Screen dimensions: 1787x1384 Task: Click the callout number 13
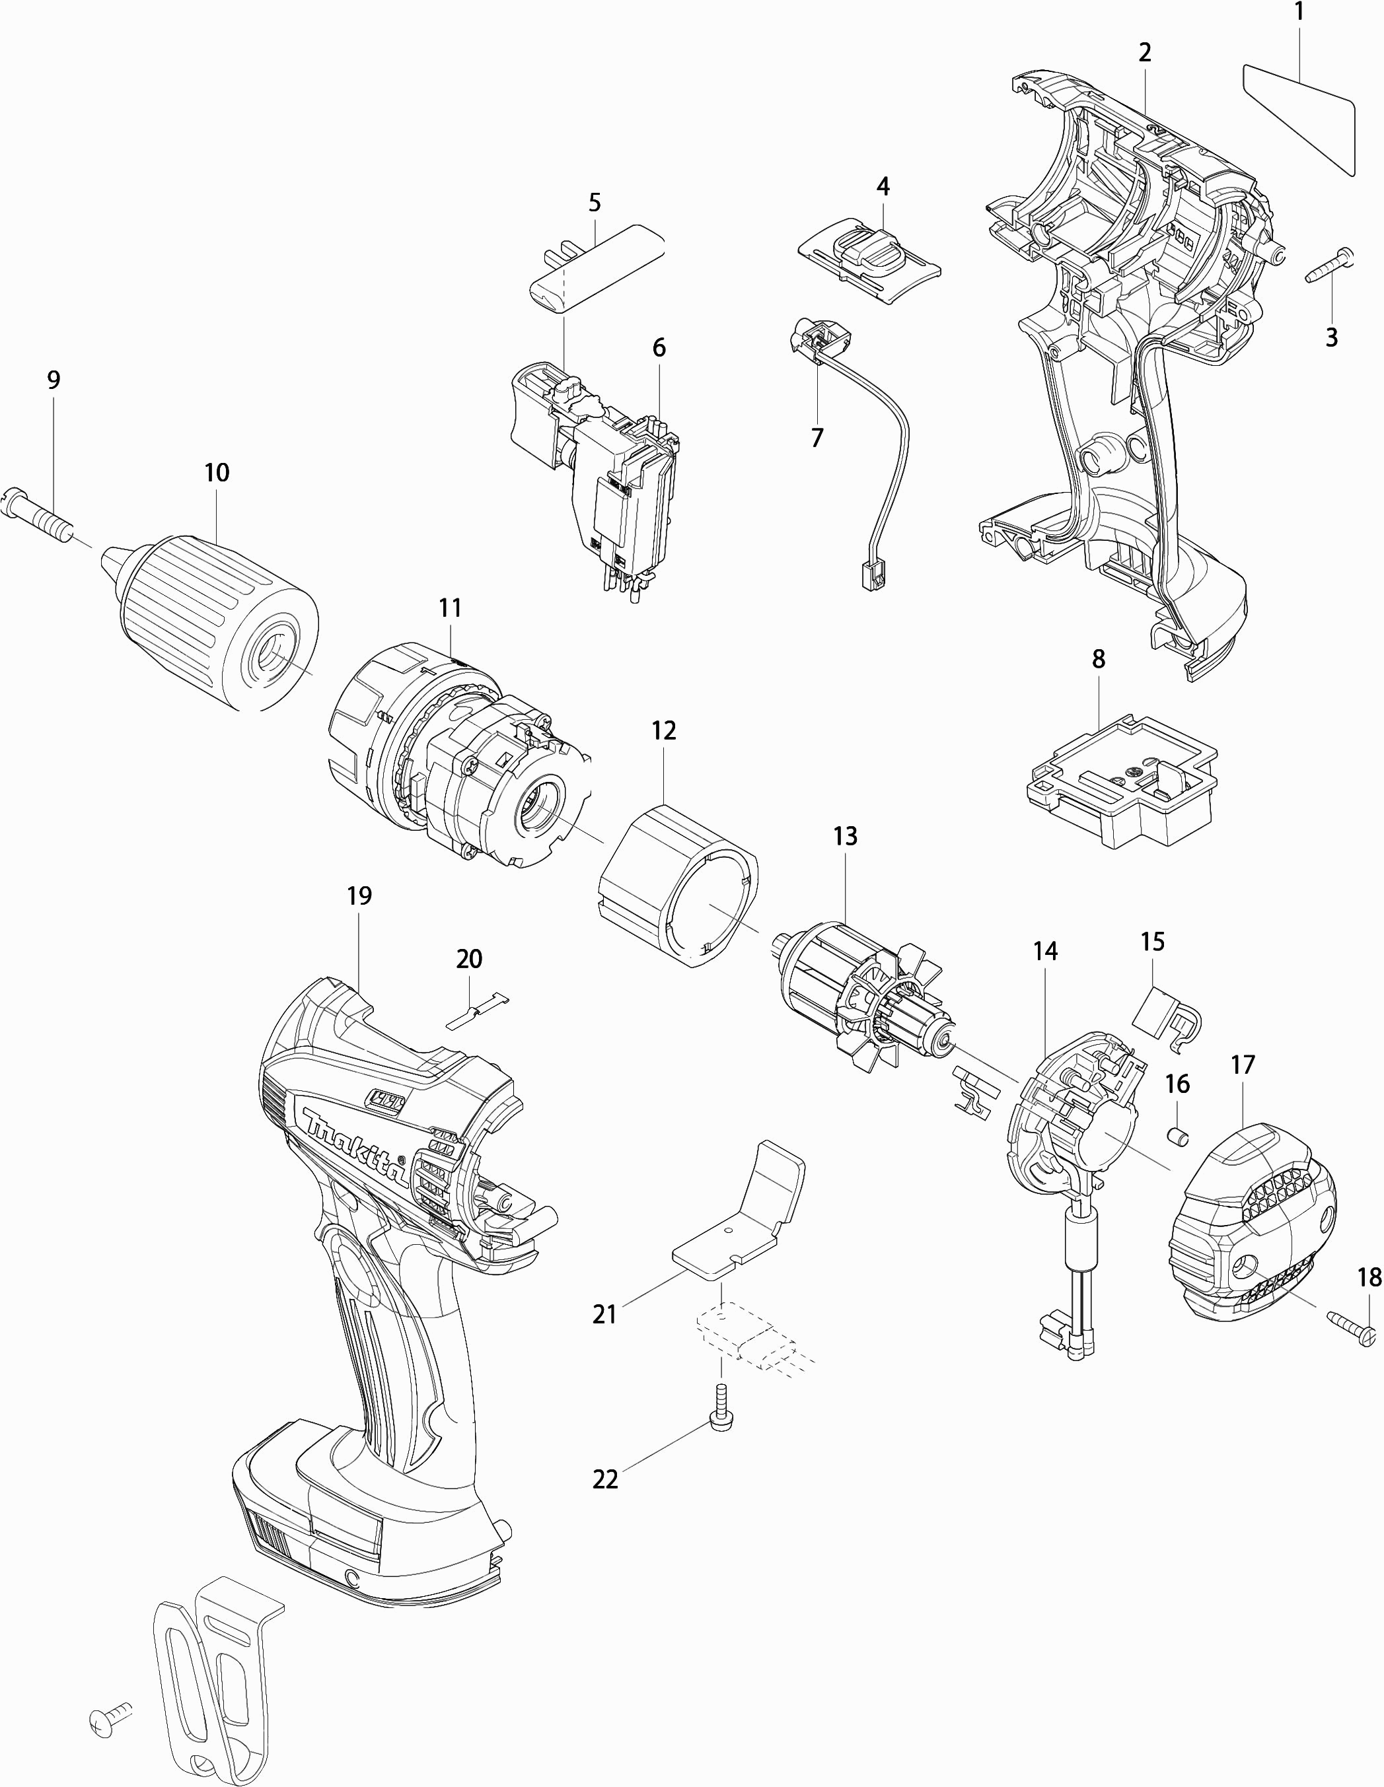[x=845, y=836]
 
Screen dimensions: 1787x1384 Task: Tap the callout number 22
[x=605, y=1479]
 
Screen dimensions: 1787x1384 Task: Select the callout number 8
[x=1099, y=658]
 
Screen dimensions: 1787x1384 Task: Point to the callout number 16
[x=1177, y=1084]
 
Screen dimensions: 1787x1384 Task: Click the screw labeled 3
[x=1330, y=267]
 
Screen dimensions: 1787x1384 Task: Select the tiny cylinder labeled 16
[x=1178, y=1136]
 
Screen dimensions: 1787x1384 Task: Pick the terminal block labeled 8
[x=1120, y=781]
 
